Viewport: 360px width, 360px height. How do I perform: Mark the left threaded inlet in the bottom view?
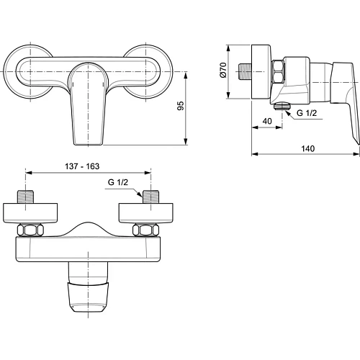(26, 198)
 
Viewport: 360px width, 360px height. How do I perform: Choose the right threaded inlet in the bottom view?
(150, 198)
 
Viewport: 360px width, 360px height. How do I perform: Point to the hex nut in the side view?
(279, 70)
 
